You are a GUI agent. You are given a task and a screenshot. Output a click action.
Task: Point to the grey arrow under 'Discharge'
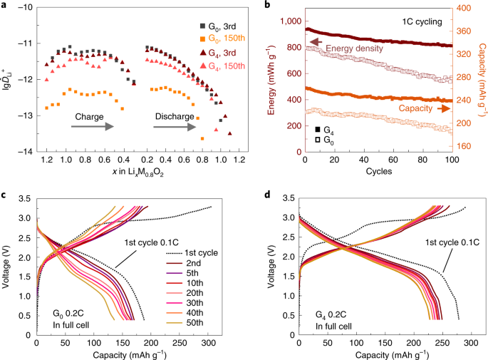[x=177, y=125]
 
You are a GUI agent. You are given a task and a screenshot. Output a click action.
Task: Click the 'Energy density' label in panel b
[x=348, y=48]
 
